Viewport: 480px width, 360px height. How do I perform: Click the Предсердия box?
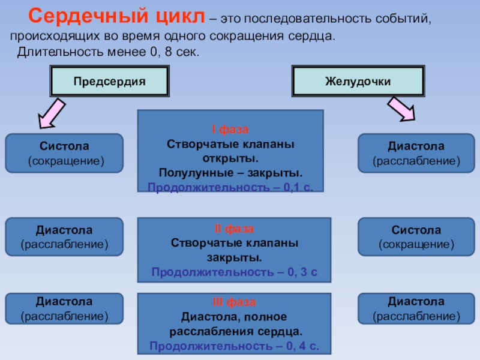110,80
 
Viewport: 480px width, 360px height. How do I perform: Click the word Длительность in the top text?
53,52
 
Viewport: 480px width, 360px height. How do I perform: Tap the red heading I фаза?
231,130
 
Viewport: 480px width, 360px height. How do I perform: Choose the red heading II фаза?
235,229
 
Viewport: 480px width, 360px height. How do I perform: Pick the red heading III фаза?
235,302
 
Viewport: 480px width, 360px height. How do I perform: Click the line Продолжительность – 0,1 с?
231,187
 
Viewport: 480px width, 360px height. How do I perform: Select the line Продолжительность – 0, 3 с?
235,272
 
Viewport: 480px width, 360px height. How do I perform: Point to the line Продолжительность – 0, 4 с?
235,346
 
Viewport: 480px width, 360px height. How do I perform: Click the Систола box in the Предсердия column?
64,153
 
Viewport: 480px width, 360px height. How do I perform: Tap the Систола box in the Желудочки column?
416,237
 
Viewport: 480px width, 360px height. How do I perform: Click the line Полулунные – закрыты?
231,173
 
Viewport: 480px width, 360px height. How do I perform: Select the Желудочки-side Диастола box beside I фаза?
416,153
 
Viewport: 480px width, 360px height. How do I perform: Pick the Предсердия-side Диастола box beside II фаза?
64,237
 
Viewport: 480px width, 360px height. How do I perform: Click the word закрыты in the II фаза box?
235,258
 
